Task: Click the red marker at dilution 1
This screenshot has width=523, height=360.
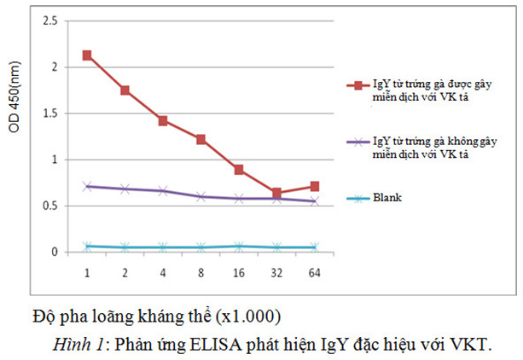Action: point(87,55)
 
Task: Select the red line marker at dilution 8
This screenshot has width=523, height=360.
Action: point(200,139)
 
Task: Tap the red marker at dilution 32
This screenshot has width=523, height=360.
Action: point(276,193)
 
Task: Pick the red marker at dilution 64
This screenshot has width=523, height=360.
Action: point(314,186)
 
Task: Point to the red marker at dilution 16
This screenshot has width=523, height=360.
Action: point(239,170)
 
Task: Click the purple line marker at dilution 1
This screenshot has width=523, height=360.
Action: point(87,186)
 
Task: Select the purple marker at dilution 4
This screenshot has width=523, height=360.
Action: point(163,191)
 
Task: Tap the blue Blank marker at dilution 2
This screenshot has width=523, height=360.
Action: point(125,247)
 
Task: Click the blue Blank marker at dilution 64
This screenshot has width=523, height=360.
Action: point(314,247)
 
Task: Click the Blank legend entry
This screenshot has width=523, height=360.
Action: point(386,197)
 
